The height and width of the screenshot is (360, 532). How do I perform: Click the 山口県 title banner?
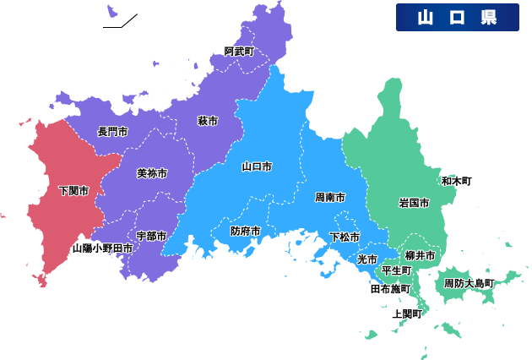(x=457, y=17)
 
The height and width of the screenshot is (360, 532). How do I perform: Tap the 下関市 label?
(x=74, y=191)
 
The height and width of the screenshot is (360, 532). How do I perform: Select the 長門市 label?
(x=112, y=132)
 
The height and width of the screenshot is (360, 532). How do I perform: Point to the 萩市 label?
(x=208, y=121)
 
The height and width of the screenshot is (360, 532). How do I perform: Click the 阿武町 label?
(x=239, y=52)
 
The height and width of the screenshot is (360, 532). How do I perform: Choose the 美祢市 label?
(x=152, y=173)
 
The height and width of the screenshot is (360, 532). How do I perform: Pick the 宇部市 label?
(x=151, y=236)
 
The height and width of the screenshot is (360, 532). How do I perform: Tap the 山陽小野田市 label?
(x=102, y=248)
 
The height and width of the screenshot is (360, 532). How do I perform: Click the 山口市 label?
(x=257, y=166)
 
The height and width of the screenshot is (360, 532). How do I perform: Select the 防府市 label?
(x=246, y=231)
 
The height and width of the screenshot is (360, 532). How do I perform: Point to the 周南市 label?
(x=330, y=197)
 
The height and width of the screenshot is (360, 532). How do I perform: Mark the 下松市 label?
(x=345, y=237)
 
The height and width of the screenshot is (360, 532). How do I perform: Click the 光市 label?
(x=366, y=259)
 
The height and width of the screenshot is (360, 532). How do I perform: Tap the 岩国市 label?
(x=414, y=203)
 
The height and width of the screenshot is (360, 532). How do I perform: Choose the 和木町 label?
(x=457, y=181)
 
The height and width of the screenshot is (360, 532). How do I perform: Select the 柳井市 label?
(x=420, y=255)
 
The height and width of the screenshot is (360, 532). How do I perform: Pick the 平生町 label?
(x=396, y=270)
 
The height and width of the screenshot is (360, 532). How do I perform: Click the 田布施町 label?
(x=390, y=289)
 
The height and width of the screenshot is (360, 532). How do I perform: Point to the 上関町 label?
(x=406, y=314)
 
